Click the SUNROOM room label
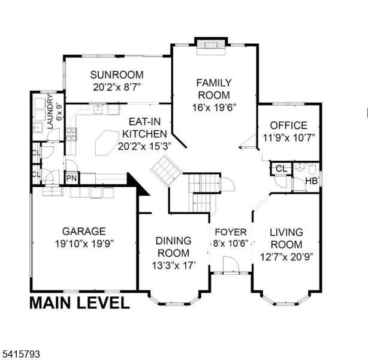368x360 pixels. pos(117,75)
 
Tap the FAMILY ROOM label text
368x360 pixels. pos(213,89)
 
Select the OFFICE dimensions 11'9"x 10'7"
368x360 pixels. pos(288,137)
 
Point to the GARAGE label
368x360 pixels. pos(84,231)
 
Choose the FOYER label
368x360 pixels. pos(231,232)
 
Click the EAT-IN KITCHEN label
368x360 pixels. pos(144,128)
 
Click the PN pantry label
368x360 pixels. pos(71,178)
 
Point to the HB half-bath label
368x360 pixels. pos(312,181)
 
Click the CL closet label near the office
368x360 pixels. pos(281,167)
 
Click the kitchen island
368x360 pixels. pos(108,143)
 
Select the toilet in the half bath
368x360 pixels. pos(300,167)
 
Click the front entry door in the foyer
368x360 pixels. pos(230,265)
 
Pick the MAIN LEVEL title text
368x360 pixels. pos(79,303)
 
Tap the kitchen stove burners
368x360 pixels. pos(71,134)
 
